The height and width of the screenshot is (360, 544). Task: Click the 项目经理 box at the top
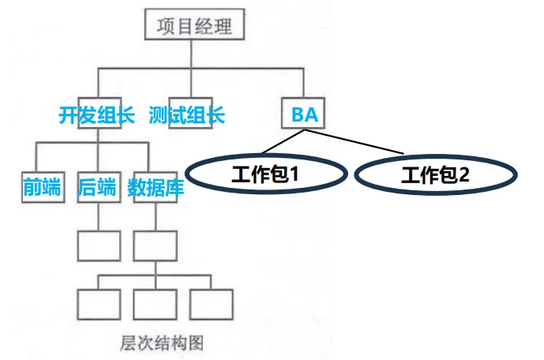coord(194,27)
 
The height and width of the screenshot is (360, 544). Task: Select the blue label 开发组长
coord(97,115)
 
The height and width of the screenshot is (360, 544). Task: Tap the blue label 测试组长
coord(187,115)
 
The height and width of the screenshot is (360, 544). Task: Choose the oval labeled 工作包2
coord(435,175)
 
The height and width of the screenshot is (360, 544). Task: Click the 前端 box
coord(41,187)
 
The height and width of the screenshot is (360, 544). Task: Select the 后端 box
coord(97,187)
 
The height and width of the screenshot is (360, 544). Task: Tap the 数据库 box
coord(155,187)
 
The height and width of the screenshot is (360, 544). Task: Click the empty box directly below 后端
coord(99,246)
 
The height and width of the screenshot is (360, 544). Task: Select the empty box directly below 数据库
coord(155,246)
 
